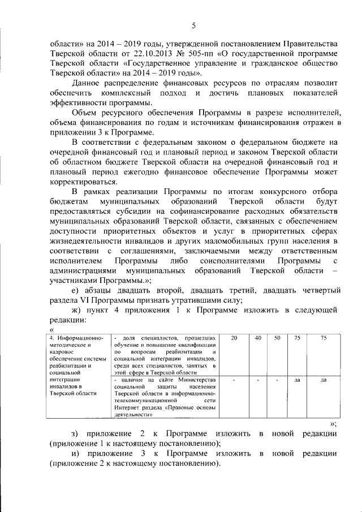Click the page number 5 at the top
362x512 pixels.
pyautogui.click(x=194, y=25)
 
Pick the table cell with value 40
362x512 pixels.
pyautogui.click(x=258, y=338)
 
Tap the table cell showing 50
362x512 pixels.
pyautogui.click(x=277, y=338)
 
